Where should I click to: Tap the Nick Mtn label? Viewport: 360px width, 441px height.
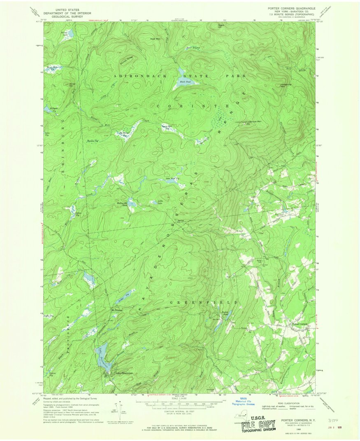coord(155,39)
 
